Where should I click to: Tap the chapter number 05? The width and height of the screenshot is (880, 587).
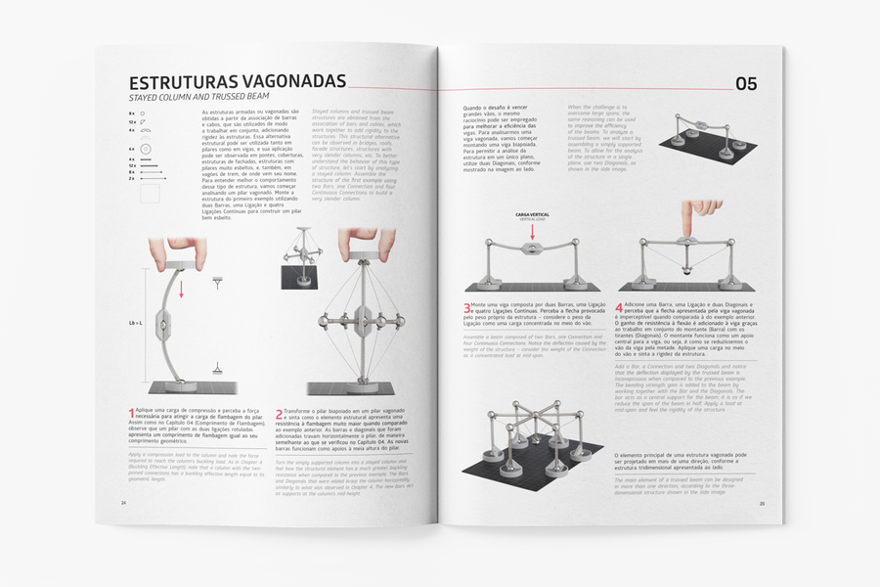click(745, 84)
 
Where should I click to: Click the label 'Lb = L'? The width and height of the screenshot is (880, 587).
click(135, 322)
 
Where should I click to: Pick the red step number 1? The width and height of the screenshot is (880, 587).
click(132, 415)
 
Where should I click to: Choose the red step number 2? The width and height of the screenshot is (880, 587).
click(280, 415)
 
